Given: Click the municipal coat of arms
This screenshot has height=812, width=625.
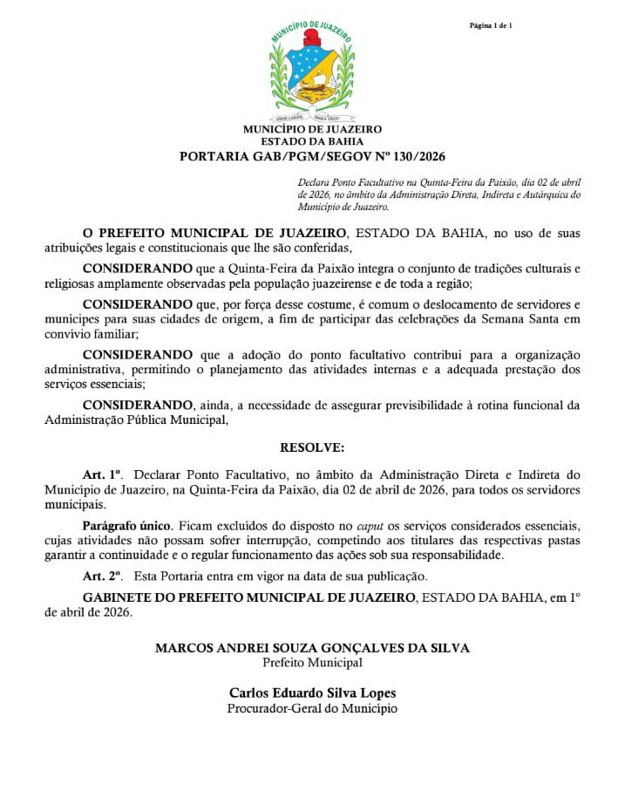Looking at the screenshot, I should point(312,73).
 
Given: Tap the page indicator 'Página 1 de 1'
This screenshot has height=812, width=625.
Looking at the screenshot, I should point(491,25).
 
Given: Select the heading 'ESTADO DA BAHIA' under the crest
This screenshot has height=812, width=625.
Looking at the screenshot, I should point(312,141).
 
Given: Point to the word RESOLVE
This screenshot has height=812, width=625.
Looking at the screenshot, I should point(312,447).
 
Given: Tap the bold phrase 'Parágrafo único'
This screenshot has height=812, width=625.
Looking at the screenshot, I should point(127,526).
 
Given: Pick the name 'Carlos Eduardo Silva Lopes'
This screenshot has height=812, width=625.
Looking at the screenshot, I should point(312,693).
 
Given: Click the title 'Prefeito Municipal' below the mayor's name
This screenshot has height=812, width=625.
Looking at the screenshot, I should point(312,663).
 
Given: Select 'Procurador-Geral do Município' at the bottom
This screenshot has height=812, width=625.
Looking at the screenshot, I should point(312,708).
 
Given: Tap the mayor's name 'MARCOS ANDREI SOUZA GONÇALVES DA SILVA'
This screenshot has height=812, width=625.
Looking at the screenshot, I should point(312,648).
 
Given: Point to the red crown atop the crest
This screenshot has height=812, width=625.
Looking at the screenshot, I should point(311,38).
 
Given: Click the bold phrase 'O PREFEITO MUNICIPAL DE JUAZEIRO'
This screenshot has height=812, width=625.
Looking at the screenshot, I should point(215,234).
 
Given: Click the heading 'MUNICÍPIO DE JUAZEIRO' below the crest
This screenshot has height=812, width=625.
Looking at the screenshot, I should point(312,130).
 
